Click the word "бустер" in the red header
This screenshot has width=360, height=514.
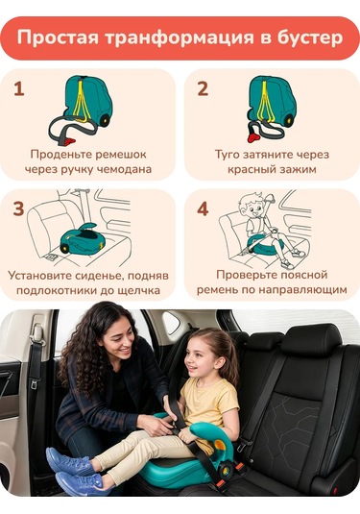pyautogui.click(x=310, y=38)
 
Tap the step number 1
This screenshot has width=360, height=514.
pyautogui.click(x=19, y=88)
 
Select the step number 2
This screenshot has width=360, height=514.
pyautogui.click(x=203, y=88)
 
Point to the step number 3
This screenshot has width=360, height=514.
pyautogui.click(x=18, y=208)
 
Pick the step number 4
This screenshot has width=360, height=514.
pyautogui.click(x=203, y=208)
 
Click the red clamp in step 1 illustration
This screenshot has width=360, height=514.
pyautogui.click(x=69, y=142)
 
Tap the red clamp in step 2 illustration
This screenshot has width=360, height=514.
pyautogui.click(x=252, y=137)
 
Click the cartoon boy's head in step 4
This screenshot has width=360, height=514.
pyautogui.click(x=252, y=206)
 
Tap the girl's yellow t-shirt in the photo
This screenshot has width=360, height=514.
pyautogui.click(x=208, y=403)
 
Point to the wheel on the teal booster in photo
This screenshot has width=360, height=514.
pyautogui.click(x=226, y=471)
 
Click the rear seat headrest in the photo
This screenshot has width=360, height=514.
pyautogui.click(x=311, y=341)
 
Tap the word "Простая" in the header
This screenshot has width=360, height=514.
pyautogui.click(x=58, y=38)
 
